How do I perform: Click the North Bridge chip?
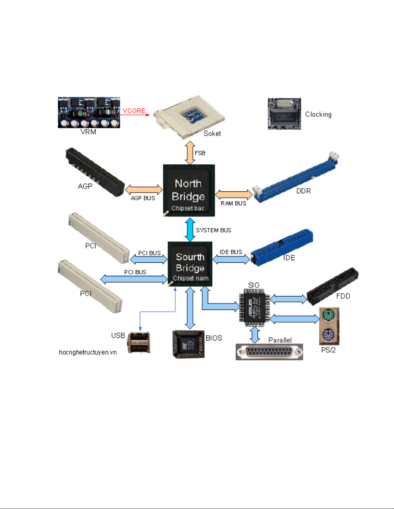(x=189, y=190)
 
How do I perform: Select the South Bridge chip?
(x=190, y=264)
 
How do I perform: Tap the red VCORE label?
(x=134, y=111)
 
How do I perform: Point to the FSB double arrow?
(x=190, y=153)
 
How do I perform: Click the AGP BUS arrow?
(x=144, y=189)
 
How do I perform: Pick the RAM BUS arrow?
(x=234, y=194)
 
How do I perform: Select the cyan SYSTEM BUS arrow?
(x=190, y=230)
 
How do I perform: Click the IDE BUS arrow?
(x=231, y=259)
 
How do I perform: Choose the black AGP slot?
(x=95, y=172)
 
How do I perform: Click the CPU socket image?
(x=189, y=117)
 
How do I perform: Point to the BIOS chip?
(x=188, y=344)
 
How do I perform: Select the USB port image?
(x=139, y=342)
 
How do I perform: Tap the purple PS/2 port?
(x=329, y=336)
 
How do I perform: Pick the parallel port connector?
(x=269, y=352)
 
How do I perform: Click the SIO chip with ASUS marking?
(x=254, y=307)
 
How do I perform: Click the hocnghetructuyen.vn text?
(x=87, y=352)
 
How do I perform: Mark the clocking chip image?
(x=284, y=114)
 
